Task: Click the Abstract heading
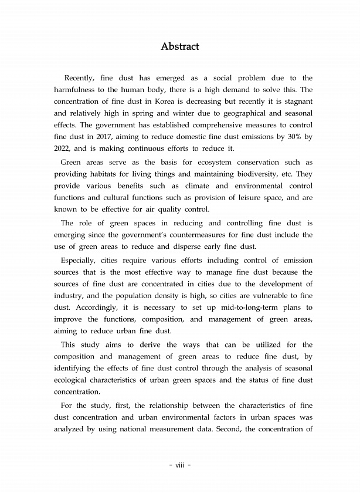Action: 180,46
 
